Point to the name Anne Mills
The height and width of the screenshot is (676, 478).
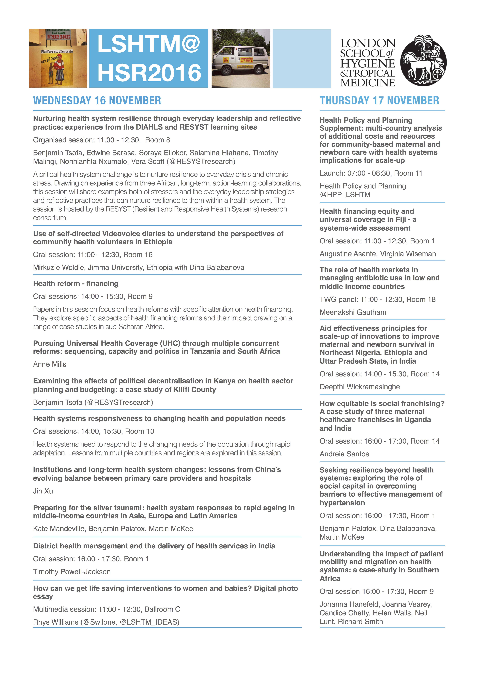click(49, 364)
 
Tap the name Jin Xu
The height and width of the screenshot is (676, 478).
click(43, 491)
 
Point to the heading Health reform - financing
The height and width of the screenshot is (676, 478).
click(76, 284)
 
